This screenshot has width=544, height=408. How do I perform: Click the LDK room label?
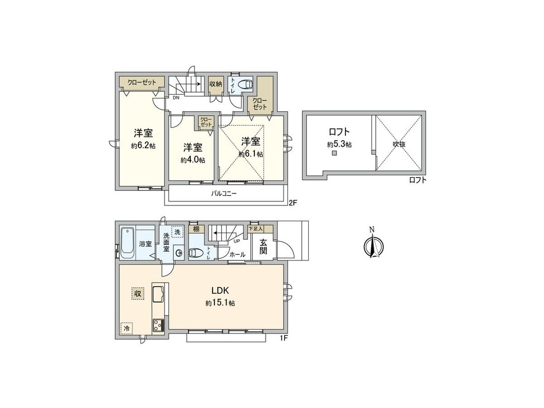pos(220,291)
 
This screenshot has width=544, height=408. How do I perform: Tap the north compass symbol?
pos(372,245)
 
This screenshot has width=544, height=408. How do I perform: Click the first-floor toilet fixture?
pos(196,252)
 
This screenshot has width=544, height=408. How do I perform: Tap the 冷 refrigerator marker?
pos(125,327)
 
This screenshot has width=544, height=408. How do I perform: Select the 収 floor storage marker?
pos(137,293)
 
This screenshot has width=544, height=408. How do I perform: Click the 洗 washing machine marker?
pos(177,232)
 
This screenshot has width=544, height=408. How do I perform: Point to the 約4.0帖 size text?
pos(192,160)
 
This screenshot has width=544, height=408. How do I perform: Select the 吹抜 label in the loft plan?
pos(399,144)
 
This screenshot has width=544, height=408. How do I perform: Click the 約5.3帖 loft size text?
pos(339,145)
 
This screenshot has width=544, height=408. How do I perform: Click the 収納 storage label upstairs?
pos(216,84)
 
